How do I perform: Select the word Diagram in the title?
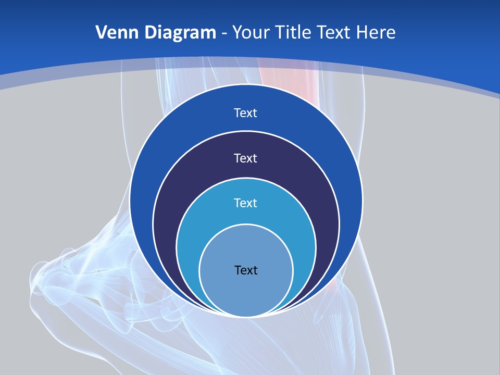click(181, 33)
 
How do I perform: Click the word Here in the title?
click(376, 33)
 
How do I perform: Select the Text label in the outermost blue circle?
click(246, 113)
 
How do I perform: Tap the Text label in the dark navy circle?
click(246, 158)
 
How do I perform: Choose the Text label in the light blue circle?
click(246, 203)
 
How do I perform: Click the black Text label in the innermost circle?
click(246, 270)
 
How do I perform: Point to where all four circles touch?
click(246, 316)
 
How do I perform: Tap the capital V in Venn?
click(102, 33)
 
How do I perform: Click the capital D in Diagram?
click(151, 33)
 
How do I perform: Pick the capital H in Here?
click(362, 33)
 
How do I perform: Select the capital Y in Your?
click(237, 33)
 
